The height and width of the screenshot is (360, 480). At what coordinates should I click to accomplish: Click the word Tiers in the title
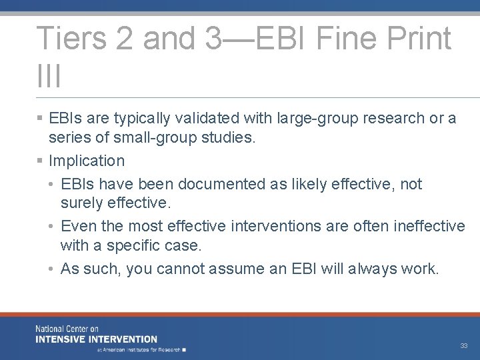(x=69, y=38)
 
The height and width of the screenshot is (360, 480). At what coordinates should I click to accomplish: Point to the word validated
(x=203, y=119)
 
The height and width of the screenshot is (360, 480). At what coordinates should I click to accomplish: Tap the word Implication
(x=87, y=161)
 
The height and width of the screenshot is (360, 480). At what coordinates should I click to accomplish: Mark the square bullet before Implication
(x=41, y=161)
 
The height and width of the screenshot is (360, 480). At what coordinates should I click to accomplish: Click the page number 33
(x=463, y=346)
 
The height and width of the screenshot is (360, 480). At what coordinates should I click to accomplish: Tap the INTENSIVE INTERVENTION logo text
(x=96, y=339)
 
